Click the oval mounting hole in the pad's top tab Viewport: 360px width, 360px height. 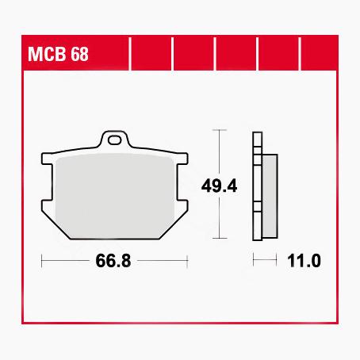[117, 142]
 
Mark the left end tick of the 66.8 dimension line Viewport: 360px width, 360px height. [40, 260]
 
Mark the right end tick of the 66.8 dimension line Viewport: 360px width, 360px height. [187, 260]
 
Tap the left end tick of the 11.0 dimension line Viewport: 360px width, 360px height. [253, 260]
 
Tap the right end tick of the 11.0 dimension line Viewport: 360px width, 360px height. [276, 260]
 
